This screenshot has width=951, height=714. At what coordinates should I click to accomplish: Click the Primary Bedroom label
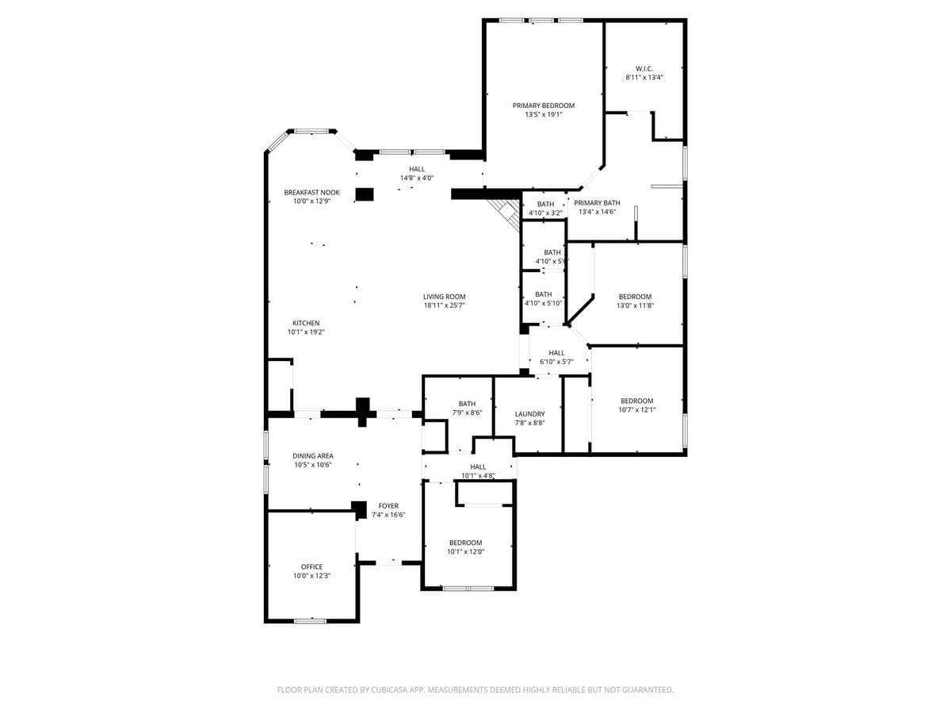pos(543,106)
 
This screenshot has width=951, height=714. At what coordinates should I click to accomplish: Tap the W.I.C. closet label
pos(644,68)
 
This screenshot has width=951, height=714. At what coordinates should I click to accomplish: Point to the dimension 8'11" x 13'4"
pos(644,78)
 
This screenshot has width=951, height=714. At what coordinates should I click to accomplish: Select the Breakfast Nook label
pos(311,192)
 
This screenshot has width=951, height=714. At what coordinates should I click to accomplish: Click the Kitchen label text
pos(306,323)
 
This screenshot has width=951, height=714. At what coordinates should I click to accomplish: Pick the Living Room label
pos(444,297)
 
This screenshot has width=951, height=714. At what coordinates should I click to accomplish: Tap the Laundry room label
pos(529,414)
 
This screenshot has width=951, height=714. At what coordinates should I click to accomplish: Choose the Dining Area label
pos(312,456)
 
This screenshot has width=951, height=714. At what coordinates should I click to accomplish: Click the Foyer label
pos(388,505)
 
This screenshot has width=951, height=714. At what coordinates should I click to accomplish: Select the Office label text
pos(311,566)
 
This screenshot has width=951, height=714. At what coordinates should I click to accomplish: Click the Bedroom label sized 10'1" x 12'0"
pos(465,543)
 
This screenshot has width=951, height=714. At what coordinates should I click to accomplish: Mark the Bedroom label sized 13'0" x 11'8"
pos(635,297)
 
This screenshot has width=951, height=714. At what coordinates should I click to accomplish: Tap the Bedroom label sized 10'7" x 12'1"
pos(636,401)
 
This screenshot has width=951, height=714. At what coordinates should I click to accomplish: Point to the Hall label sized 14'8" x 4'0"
pos(417,169)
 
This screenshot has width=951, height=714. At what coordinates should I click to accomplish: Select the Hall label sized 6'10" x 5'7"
pos(556,353)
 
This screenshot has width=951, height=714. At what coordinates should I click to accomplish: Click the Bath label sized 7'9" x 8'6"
pos(467,404)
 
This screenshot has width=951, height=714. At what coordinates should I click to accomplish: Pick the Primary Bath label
pos(597,203)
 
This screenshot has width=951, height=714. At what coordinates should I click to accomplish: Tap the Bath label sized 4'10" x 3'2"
pos(545,204)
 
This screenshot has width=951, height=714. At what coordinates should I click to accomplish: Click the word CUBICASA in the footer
pos(389,690)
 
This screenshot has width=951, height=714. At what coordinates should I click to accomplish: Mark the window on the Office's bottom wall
pos(310,620)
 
